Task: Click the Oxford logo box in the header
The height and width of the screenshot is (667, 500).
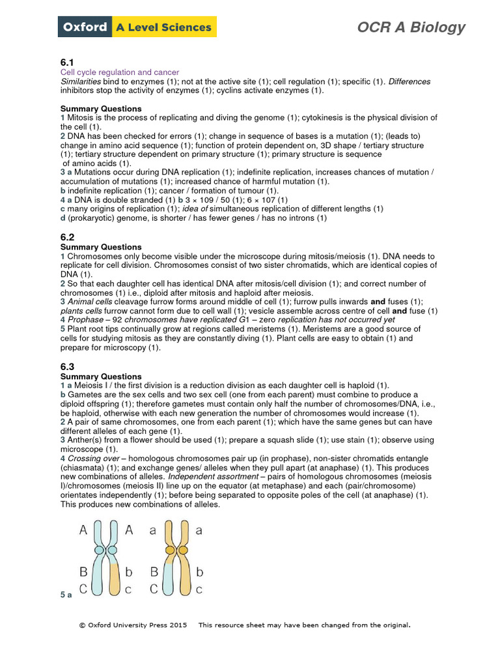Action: pyautogui.click(x=85, y=27)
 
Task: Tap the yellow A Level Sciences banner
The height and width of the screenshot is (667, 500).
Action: pyautogui.click(x=164, y=27)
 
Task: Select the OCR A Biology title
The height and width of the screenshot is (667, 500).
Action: pyautogui.click(x=411, y=27)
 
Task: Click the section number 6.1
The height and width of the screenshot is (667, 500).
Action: pyautogui.click(x=68, y=62)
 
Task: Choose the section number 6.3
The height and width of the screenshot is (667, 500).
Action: pyautogui.click(x=68, y=367)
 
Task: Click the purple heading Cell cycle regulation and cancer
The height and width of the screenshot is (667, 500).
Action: pyautogui.click(x=120, y=72)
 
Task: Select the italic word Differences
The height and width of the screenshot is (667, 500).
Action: pyautogui.click(x=410, y=81)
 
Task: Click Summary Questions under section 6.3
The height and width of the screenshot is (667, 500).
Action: pyautogui.click(x=100, y=376)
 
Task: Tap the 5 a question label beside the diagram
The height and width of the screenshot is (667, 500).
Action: pyautogui.click(x=66, y=595)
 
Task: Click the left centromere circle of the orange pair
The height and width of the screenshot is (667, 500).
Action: pyautogui.click(x=170, y=550)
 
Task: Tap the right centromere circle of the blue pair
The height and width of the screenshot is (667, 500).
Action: pyautogui.click(x=112, y=550)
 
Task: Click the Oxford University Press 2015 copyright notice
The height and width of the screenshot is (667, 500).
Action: pyautogui.click(x=133, y=625)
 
